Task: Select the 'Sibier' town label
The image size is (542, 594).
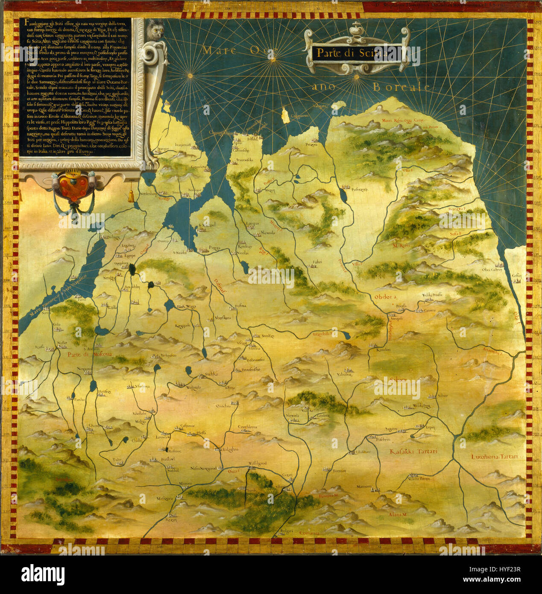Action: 442,396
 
